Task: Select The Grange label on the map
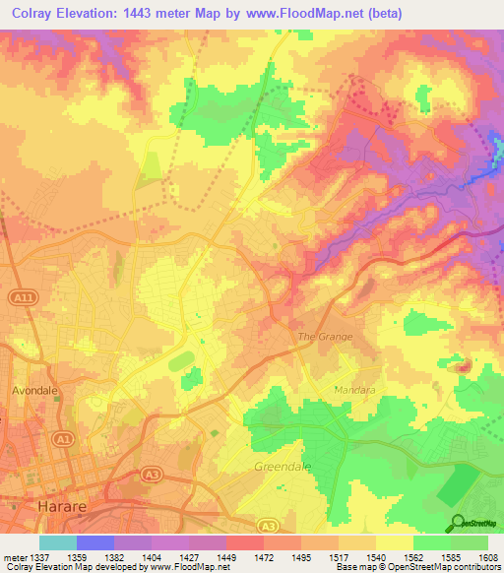click(325, 337)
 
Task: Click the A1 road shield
click(65, 438)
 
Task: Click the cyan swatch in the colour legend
click(58, 542)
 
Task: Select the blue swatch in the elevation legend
click(95, 542)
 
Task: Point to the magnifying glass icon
click(460, 523)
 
